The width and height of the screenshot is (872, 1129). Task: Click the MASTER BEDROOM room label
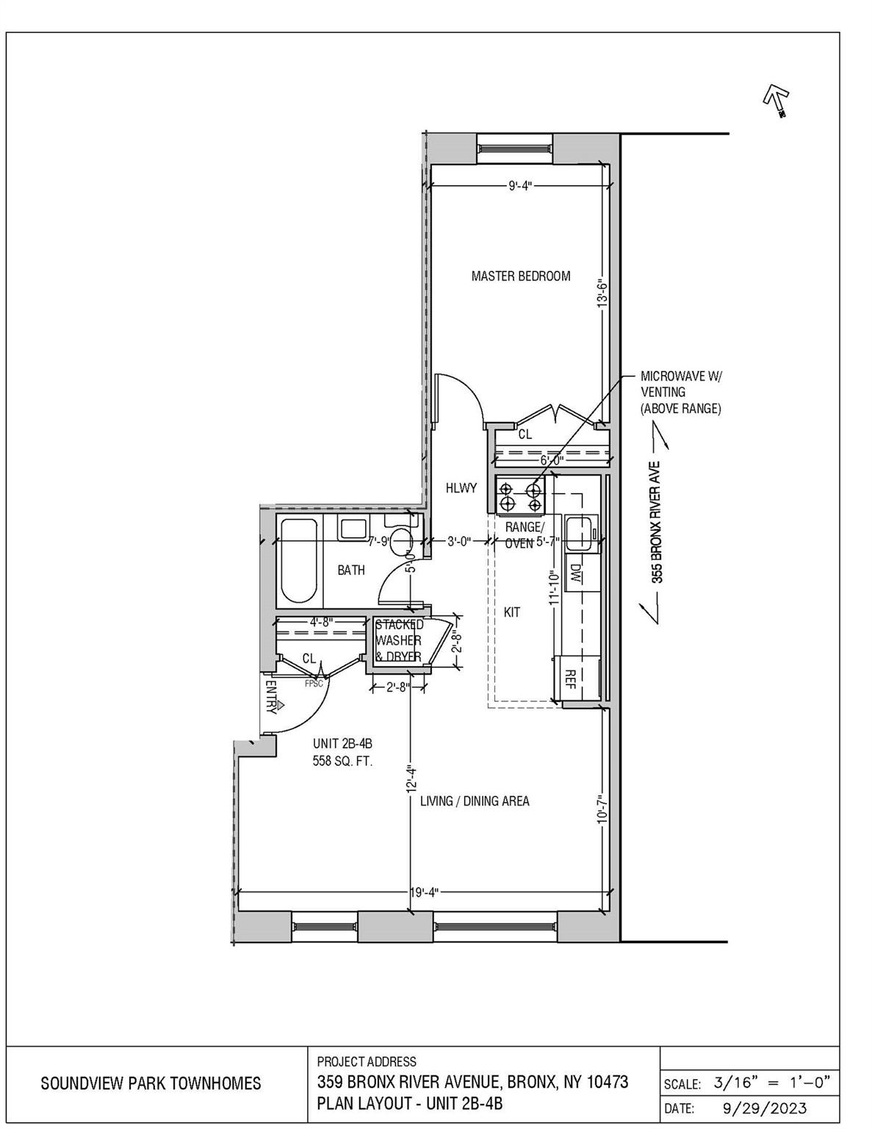click(x=520, y=276)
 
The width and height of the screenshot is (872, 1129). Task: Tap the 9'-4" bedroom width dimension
click(x=520, y=186)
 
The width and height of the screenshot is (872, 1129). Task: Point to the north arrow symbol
click(x=776, y=99)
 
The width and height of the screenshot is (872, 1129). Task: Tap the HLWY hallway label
click(x=461, y=488)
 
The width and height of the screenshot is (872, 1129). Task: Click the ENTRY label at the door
click(x=270, y=696)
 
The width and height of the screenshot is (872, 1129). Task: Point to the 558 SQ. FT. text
click(x=343, y=761)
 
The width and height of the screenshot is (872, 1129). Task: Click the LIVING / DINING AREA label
click(x=475, y=801)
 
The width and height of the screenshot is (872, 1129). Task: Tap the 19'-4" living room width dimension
click(x=423, y=893)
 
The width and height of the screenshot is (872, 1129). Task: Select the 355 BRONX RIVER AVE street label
click(x=657, y=522)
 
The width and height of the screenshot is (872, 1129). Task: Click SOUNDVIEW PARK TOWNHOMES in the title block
click(x=151, y=1083)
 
